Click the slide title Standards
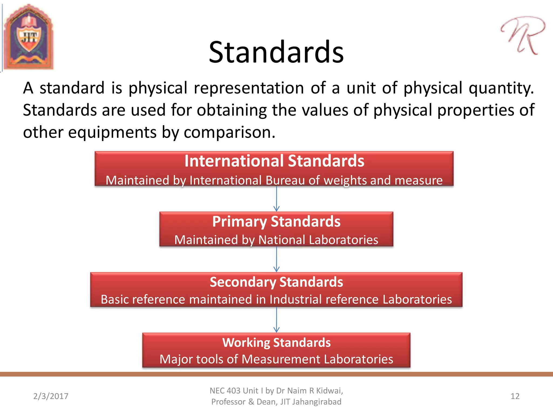point(276,52)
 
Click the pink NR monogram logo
point(522,35)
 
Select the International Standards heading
point(274,161)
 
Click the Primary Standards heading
point(276,222)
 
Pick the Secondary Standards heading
point(276,282)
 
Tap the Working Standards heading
point(276,343)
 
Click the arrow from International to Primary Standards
point(276,199)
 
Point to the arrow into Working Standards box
point(276,320)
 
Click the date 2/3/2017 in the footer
point(51,396)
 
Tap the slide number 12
point(515,396)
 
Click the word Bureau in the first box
point(285,180)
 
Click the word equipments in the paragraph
point(112,132)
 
